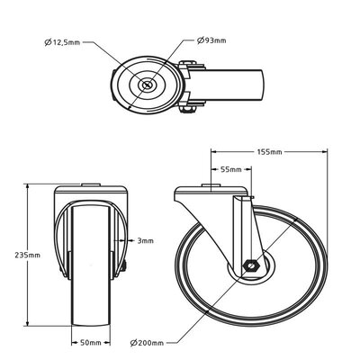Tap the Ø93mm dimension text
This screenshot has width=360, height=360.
(213, 40)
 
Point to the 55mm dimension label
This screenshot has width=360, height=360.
(229, 169)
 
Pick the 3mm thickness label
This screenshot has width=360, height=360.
(145, 241)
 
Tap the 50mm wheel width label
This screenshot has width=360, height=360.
(88, 342)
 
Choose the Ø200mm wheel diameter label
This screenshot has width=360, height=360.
(146, 342)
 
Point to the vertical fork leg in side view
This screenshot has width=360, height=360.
(243, 229)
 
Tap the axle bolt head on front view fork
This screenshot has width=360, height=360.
(123, 266)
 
